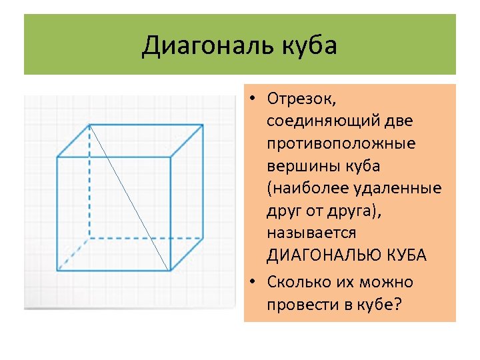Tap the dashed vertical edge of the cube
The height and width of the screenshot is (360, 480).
89,180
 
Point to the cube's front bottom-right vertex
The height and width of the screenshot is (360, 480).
170,270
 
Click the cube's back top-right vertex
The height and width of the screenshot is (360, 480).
203,124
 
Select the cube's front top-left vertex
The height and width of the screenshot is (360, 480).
57,157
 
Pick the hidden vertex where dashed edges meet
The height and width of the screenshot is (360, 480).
89,237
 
